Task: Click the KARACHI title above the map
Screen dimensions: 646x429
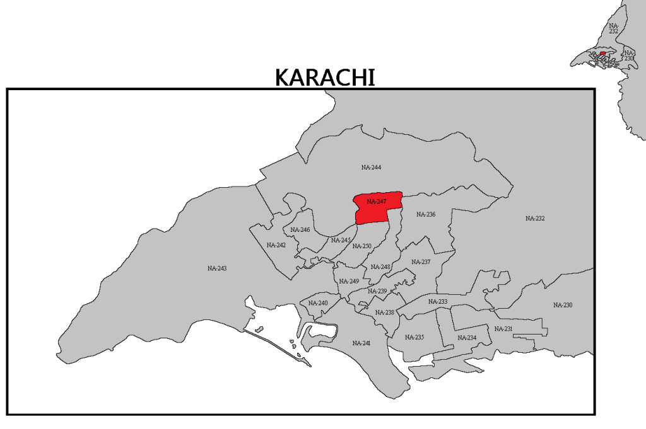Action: tap(325, 77)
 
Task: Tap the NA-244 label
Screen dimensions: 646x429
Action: tap(371, 168)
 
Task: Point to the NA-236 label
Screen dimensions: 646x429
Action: tap(426, 215)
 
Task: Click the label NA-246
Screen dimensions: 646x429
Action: tap(300, 230)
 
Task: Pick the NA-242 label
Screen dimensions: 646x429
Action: tap(276, 245)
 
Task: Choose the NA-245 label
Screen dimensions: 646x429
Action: tap(341, 240)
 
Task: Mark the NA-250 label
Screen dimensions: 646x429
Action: tap(362, 246)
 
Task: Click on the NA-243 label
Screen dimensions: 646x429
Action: tap(217, 268)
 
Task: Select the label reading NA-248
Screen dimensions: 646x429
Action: tap(380, 266)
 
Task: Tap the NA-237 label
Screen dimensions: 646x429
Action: tap(421, 262)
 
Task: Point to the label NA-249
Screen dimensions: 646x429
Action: tap(349, 281)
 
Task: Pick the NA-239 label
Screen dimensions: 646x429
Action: tap(377, 291)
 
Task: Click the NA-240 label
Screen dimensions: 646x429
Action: tap(318, 304)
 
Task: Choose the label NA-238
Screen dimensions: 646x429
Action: tap(384, 312)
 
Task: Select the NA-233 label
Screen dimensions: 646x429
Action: tap(437, 302)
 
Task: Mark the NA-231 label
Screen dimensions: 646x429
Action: tap(503, 329)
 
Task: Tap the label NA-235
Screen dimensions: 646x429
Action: tap(414, 337)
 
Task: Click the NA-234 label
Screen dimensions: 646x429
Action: tap(467, 338)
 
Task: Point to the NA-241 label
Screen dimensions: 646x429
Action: tap(361, 343)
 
